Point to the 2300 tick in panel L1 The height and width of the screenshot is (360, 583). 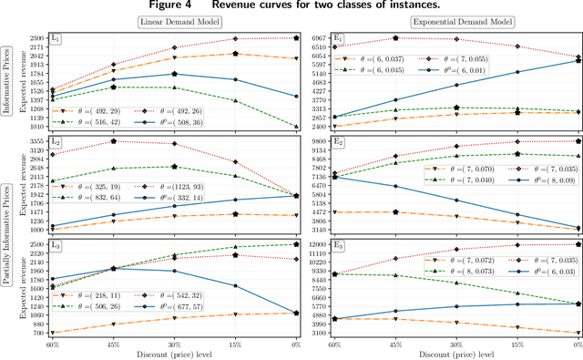click(36, 38)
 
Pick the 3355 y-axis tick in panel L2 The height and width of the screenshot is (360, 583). click(36, 142)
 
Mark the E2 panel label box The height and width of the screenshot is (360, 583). click(338, 142)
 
